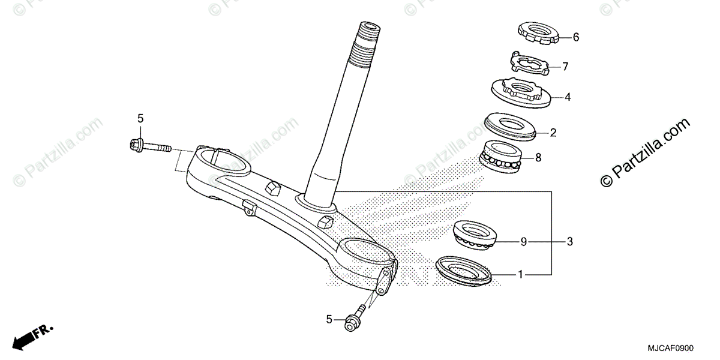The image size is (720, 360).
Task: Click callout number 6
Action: [x=576, y=37]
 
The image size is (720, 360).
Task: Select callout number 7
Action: [x=565, y=67]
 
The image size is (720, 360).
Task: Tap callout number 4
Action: [x=567, y=96]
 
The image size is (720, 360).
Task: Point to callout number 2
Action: [x=554, y=132]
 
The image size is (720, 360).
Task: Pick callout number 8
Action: [x=538, y=158]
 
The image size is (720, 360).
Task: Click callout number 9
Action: [x=524, y=242]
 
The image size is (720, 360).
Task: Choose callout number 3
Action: [x=570, y=242]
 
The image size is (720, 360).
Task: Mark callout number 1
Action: [x=521, y=275]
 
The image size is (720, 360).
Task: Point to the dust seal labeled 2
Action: [x=514, y=126]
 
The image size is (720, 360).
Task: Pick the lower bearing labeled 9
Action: [x=477, y=235]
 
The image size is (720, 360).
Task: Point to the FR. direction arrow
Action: [x=34, y=336]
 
